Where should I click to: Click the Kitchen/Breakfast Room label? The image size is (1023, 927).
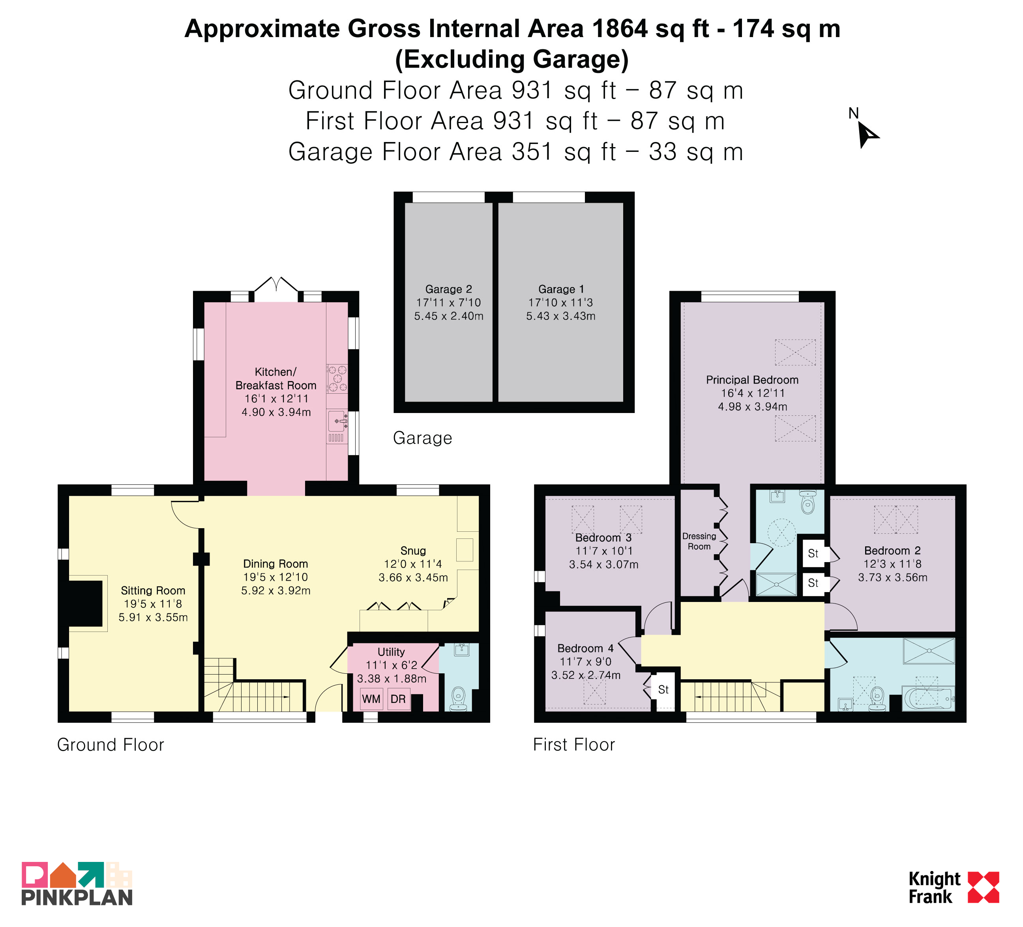pyautogui.click(x=275, y=378)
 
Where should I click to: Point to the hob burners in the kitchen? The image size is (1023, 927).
pyautogui.click(x=337, y=379)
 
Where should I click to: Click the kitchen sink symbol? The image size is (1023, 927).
pyautogui.click(x=337, y=421)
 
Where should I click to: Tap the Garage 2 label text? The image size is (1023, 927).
pyautogui.click(x=449, y=289)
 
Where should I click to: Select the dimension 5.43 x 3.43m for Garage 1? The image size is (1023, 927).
pyautogui.click(x=561, y=316)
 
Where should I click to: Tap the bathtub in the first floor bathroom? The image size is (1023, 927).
pyautogui.click(x=928, y=698)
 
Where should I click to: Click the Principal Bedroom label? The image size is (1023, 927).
pyautogui.click(x=752, y=380)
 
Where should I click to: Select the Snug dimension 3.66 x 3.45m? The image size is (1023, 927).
pyautogui.click(x=413, y=578)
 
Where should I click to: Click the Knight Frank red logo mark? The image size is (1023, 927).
pyautogui.click(x=984, y=888)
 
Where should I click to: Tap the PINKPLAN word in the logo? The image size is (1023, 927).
pyautogui.click(x=77, y=897)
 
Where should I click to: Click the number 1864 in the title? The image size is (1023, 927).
pyautogui.click(x=619, y=28)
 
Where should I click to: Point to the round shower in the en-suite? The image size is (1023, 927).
pyautogui.click(x=781, y=533)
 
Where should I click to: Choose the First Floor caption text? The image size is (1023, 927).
pyautogui.click(x=574, y=744)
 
